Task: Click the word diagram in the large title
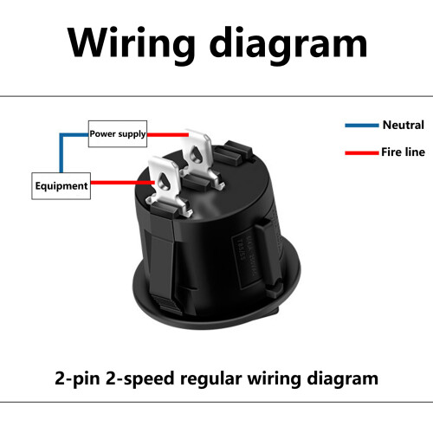(288, 46)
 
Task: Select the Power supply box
(118, 133)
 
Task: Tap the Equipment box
(61, 186)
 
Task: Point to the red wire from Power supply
(168, 134)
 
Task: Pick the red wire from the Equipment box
(123, 183)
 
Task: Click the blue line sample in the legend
(362, 126)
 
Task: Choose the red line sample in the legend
(362, 152)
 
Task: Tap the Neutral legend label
(404, 125)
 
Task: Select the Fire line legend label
(403, 152)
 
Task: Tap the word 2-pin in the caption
(77, 378)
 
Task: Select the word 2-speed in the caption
(139, 378)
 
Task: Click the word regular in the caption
(210, 378)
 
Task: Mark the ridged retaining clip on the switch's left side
(163, 262)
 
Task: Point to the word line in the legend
(414, 152)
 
